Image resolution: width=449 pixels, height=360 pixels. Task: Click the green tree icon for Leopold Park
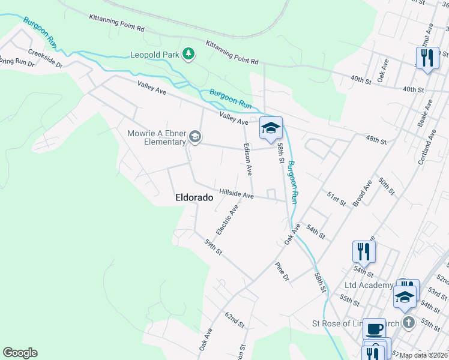189,54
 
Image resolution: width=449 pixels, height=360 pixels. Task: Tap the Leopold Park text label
155,55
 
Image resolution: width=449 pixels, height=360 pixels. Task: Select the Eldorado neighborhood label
194,197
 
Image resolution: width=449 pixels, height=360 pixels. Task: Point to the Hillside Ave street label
237,194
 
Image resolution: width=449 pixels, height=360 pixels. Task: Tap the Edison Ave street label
247,159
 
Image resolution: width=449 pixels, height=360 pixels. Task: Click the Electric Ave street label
228,220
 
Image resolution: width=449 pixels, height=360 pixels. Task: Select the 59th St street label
213,247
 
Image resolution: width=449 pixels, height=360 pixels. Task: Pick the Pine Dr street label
282,272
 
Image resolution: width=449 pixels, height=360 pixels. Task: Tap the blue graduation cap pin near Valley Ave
271,127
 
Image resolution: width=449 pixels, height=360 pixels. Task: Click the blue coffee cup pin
375,329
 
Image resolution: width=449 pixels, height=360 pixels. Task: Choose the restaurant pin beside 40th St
427,58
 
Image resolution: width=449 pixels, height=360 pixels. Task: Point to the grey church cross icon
408,322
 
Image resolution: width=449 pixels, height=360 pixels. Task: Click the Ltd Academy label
369,284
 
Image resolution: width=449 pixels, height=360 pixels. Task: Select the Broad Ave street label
363,193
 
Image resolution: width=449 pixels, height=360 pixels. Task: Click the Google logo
20,353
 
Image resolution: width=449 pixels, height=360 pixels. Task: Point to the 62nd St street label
235,319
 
